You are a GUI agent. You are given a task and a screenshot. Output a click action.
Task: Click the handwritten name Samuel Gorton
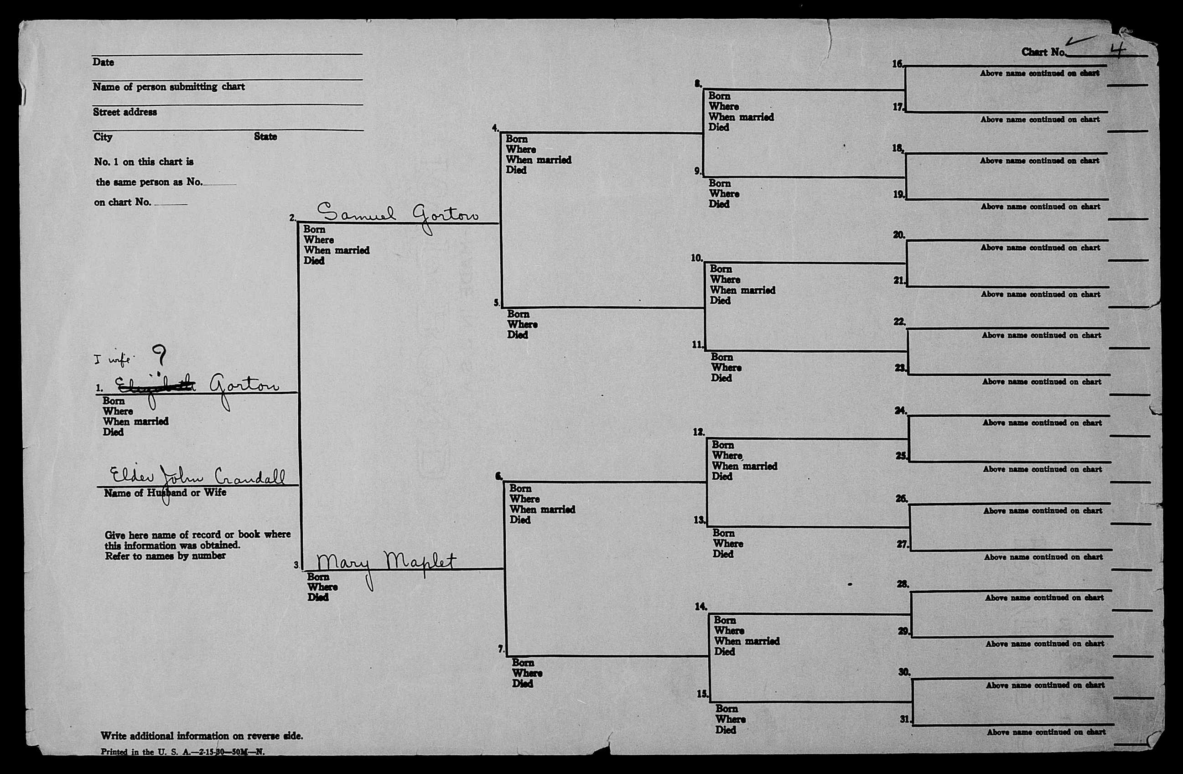click(398, 215)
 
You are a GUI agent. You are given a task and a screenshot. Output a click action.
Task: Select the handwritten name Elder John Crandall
click(197, 477)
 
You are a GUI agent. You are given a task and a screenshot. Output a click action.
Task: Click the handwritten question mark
click(160, 355)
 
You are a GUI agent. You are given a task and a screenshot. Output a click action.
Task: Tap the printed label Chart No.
click(1043, 52)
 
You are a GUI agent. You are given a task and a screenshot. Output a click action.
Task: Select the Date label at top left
click(103, 62)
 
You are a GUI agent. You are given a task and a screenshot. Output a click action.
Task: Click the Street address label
click(125, 112)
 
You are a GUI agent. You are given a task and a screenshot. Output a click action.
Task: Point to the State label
click(265, 137)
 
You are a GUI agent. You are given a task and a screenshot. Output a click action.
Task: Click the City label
click(103, 137)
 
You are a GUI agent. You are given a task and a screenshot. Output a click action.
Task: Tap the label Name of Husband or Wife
click(165, 493)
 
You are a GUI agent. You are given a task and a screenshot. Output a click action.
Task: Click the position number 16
click(897, 64)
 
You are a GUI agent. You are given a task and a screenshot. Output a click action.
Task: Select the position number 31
click(905, 719)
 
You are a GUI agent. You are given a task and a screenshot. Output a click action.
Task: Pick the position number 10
click(696, 258)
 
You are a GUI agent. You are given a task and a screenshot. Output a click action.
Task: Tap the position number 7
click(501, 649)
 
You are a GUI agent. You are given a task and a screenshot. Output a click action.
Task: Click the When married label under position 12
click(744, 466)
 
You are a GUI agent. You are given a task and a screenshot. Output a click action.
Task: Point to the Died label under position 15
click(725, 730)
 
